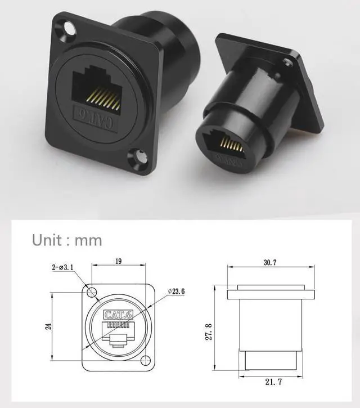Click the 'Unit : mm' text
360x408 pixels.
67,240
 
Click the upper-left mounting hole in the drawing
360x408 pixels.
91,292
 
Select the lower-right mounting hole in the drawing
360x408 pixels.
146,360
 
